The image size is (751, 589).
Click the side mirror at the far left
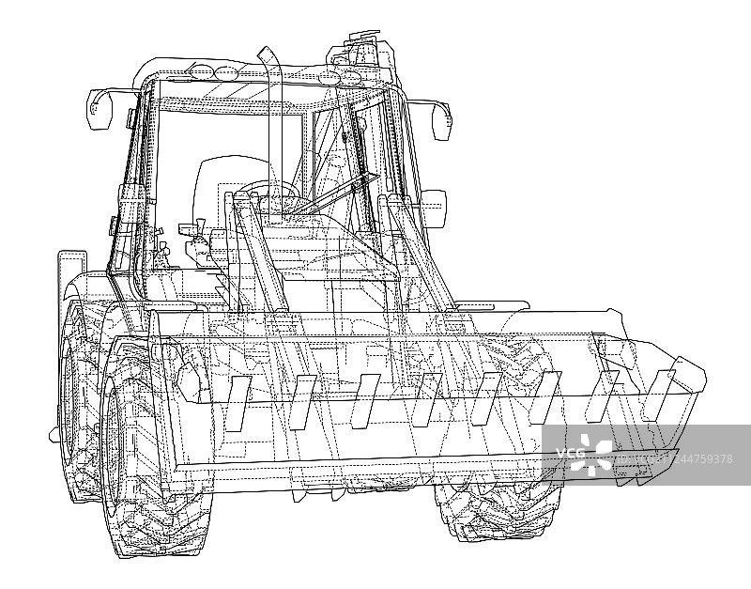point(100,109)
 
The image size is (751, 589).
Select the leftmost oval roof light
point(202,72)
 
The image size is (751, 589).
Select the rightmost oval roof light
point(350,77)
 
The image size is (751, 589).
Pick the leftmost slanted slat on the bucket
point(238,403)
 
